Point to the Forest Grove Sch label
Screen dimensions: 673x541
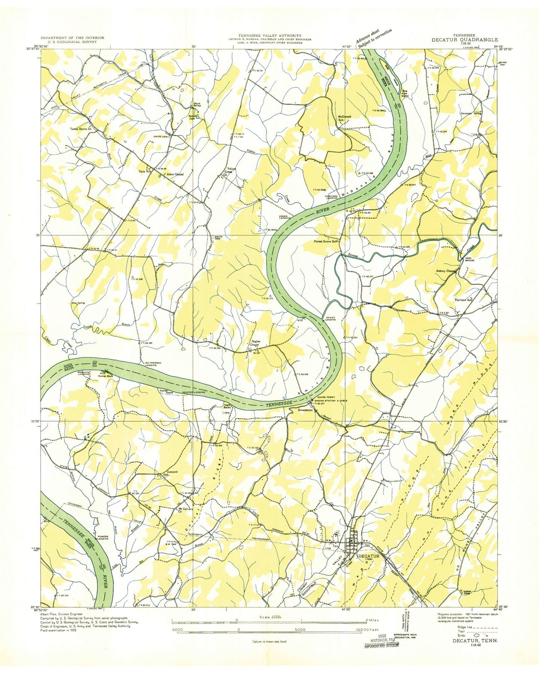tap(326, 242)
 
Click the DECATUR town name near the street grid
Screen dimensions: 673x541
tap(369, 556)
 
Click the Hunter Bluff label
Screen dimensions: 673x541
tap(105, 376)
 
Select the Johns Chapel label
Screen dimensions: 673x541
tap(175, 174)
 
